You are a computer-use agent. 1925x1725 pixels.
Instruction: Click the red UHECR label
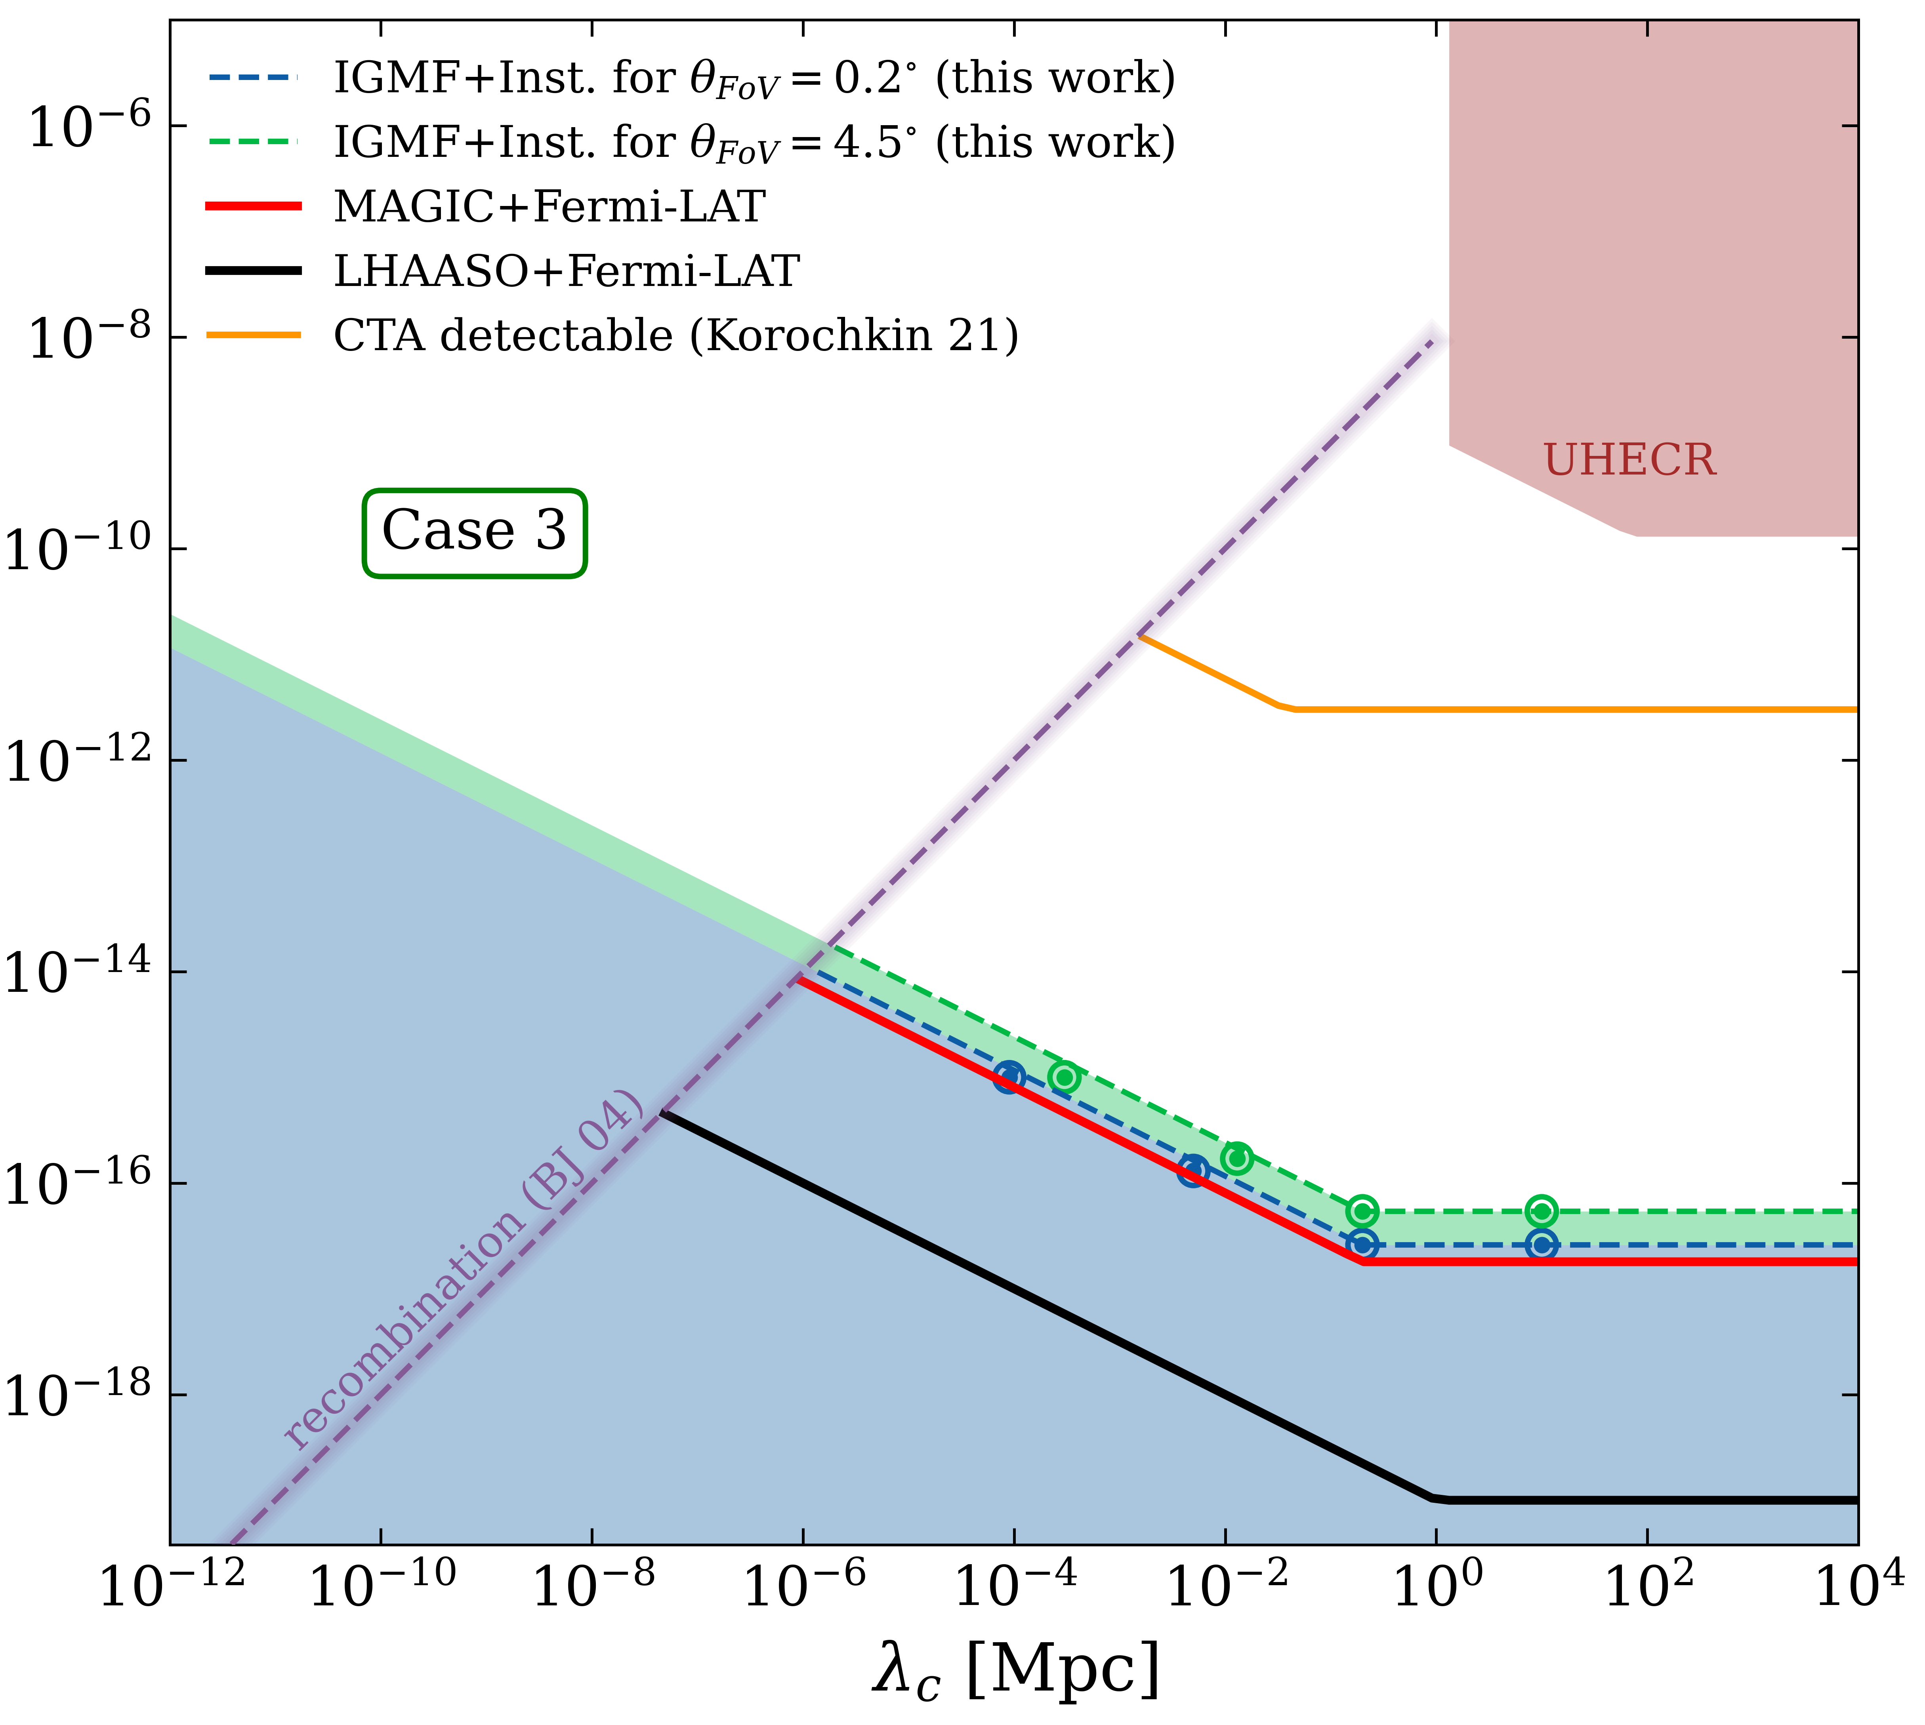click(1629, 461)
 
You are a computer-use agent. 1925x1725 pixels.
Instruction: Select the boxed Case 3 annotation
click(474, 532)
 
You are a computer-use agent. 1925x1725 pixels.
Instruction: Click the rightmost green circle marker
click(1542, 1210)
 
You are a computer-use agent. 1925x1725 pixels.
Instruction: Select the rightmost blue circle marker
click(1542, 1245)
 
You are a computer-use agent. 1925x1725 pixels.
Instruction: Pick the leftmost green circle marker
click(1065, 1077)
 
